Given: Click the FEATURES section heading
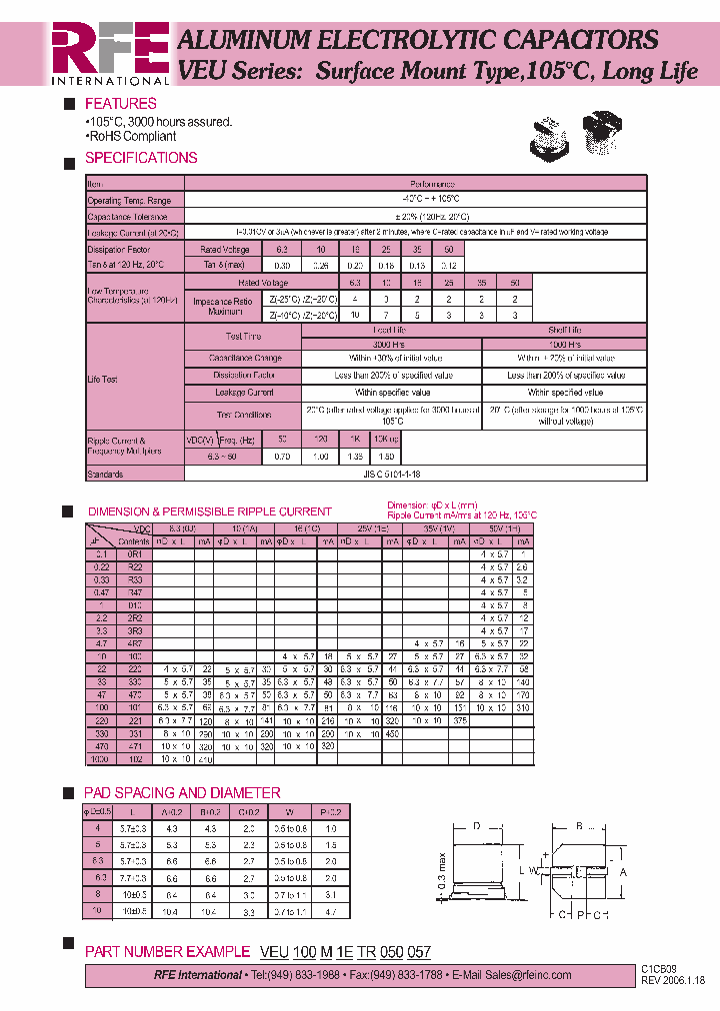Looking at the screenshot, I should [120, 104].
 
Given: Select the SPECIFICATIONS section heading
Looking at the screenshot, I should [141, 158].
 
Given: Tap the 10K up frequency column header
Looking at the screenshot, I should [387, 440].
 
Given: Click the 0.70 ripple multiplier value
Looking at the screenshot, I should [282, 457].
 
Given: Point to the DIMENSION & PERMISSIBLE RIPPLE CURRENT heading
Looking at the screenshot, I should [210, 511].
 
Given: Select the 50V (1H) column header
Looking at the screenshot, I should [504, 527].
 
